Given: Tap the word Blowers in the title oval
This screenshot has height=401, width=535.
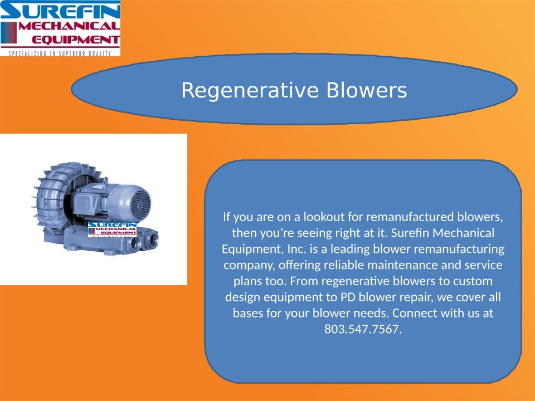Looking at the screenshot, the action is (x=367, y=90).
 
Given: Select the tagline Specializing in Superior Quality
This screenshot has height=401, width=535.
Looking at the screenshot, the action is (x=60, y=53).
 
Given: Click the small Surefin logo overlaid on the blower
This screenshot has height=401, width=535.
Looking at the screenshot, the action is (x=112, y=229).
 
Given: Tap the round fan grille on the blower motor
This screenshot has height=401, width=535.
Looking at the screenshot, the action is (x=140, y=204).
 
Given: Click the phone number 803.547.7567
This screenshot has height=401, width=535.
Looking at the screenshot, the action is (x=363, y=329).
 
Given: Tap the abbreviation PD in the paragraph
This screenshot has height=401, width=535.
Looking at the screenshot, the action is (x=348, y=297).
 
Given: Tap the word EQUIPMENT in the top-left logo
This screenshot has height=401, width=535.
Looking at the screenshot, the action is (x=76, y=40).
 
